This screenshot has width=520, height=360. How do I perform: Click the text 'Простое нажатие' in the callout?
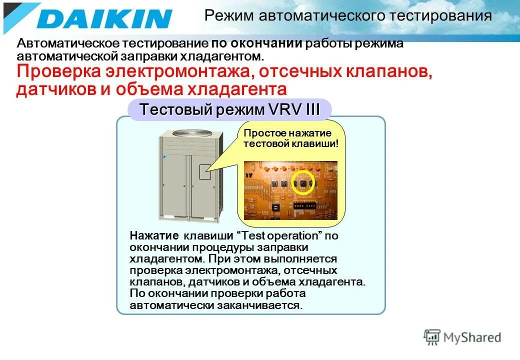[x=287, y=133]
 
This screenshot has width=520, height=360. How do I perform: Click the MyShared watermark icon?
[x=432, y=337]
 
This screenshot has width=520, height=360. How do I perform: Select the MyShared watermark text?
[x=472, y=337]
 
